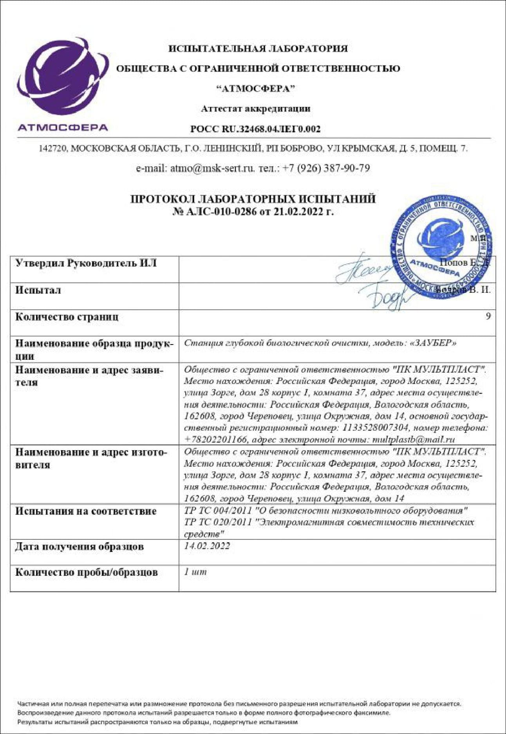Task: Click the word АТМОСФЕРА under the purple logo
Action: (x=63, y=127)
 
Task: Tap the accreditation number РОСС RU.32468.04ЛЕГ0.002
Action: (x=255, y=129)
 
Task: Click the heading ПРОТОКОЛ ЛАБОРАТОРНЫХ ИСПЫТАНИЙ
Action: (x=253, y=199)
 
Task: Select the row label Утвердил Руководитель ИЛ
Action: (x=86, y=263)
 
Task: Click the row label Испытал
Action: (x=38, y=290)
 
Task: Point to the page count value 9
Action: (x=488, y=316)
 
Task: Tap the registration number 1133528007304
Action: (x=376, y=428)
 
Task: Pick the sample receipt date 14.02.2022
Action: (x=207, y=546)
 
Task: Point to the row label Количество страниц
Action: (x=67, y=317)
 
